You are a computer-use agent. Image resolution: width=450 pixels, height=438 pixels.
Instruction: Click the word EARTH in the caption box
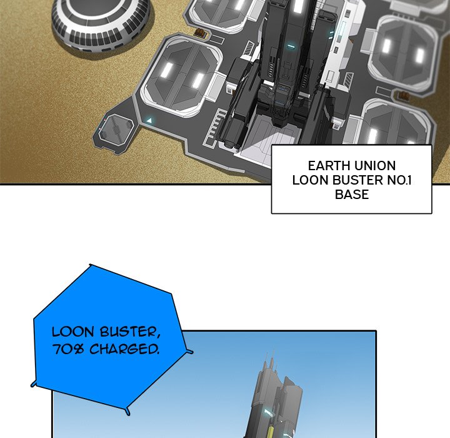point(329,166)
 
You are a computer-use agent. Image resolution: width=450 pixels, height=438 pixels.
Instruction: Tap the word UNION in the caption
point(375,166)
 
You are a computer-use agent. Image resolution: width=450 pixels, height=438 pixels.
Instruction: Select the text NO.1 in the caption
point(399,180)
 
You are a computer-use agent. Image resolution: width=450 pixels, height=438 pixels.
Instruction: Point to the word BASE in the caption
point(352,194)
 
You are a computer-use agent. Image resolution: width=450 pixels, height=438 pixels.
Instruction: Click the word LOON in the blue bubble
point(73,332)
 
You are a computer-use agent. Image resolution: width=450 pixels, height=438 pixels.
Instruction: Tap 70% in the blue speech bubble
point(68,350)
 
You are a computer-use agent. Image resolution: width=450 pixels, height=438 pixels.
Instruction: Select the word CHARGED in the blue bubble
point(124,350)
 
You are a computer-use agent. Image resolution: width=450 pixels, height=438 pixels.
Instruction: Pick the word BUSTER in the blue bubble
point(130,332)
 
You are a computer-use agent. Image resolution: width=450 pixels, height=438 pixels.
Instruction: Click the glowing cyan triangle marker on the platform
point(149,120)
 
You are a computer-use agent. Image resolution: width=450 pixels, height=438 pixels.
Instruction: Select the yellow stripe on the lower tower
point(270,429)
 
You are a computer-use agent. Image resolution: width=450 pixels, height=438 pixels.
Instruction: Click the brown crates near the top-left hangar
point(201,33)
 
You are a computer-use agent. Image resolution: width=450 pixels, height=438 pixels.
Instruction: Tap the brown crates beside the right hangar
point(404,96)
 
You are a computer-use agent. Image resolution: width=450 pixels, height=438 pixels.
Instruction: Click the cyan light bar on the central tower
point(291,46)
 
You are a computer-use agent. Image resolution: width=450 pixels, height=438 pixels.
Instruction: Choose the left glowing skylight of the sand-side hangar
point(166,70)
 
